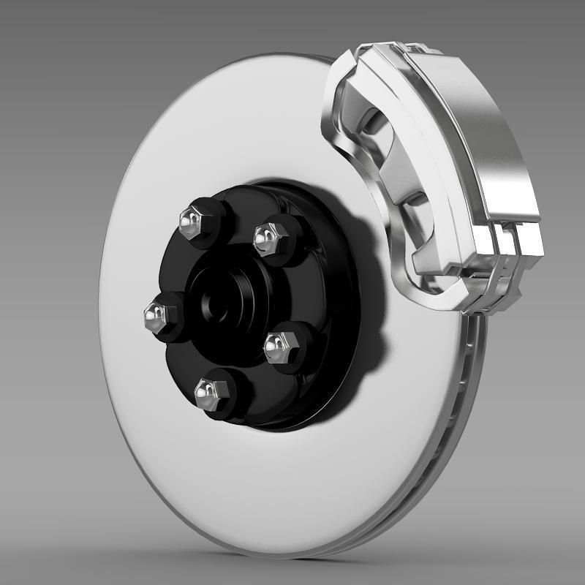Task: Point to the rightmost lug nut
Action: pos(279,345)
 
